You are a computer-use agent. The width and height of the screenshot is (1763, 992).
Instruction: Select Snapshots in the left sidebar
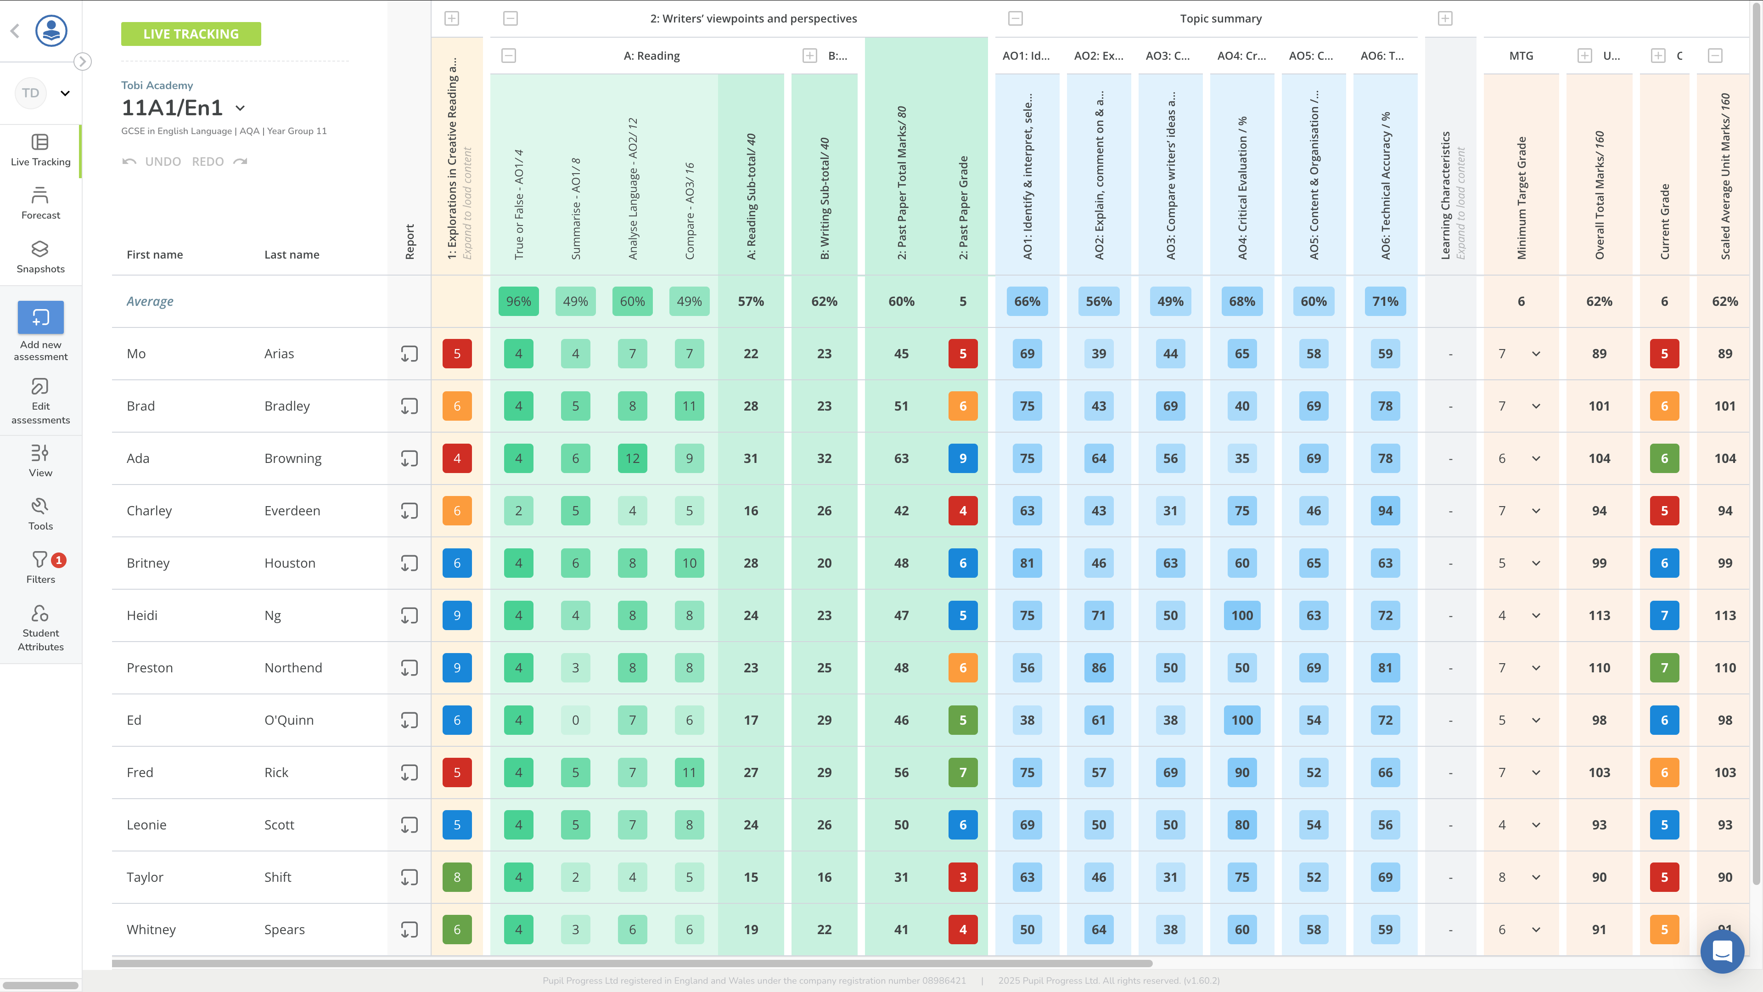(40, 257)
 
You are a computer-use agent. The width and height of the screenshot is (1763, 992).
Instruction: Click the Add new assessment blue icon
(40, 318)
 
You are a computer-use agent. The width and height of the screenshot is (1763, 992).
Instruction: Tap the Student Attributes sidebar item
(40, 627)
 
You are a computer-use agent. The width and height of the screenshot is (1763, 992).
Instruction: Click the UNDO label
(162, 162)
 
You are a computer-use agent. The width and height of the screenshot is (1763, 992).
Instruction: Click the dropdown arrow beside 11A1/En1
(240, 108)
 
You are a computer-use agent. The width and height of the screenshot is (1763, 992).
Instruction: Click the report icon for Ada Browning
(409, 459)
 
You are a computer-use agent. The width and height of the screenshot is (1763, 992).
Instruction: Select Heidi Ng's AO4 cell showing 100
(1241, 615)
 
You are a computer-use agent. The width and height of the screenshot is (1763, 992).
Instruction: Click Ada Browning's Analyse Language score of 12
(632, 459)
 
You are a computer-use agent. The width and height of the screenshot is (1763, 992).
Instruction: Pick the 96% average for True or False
(518, 301)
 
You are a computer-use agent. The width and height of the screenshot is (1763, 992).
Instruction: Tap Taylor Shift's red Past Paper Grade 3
(962, 877)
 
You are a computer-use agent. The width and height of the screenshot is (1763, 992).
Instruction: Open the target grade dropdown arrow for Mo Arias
(1536, 354)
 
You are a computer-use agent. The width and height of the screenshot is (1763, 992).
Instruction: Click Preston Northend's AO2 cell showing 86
(1099, 667)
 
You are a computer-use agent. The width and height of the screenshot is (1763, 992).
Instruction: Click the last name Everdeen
(292, 511)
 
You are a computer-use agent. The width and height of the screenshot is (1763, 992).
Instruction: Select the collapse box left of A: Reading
(509, 56)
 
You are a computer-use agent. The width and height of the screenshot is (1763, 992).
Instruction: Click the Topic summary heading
(1220, 18)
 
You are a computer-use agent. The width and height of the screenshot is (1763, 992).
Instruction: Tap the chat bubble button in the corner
(1721, 951)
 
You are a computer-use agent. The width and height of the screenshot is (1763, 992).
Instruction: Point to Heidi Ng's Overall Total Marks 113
(1599, 615)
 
